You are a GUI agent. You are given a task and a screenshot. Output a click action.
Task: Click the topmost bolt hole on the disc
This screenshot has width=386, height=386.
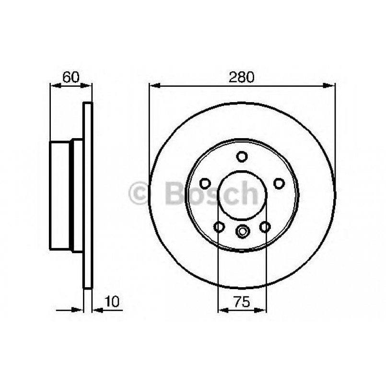pyautogui.click(x=242, y=156)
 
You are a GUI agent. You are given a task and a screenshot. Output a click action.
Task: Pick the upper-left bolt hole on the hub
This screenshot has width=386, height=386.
pyautogui.click(x=205, y=183)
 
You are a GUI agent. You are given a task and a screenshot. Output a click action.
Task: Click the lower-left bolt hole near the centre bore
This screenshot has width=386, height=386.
pyautogui.click(x=220, y=226)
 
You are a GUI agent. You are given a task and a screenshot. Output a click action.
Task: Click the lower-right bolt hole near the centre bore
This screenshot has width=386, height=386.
pyautogui.click(x=265, y=226)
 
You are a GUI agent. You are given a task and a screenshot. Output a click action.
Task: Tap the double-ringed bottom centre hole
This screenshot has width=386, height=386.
pyautogui.click(x=243, y=231)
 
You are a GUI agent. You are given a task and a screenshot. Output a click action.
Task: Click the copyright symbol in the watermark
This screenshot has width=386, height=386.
pyautogui.click(x=140, y=194)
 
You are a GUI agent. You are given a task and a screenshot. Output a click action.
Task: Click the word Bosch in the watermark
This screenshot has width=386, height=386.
pyautogui.click(x=211, y=193)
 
